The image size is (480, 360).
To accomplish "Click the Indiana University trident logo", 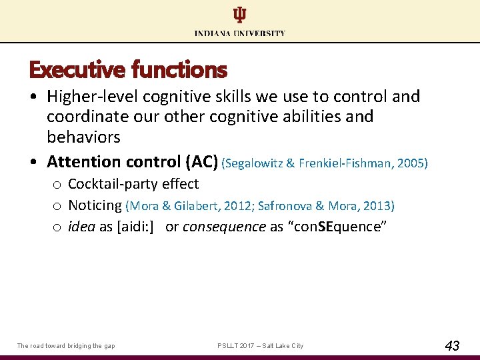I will pyautogui.click(x=239, y=15).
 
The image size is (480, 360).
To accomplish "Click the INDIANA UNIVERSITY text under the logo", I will pyautogui.click(x=239, y=33).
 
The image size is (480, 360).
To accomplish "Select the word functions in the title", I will pyautogui.click(x=179, y=69).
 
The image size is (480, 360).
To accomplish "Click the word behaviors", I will pyautogui.click(x=83, y=137).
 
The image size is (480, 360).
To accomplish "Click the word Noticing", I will pyautogui.click(x=95, y=205).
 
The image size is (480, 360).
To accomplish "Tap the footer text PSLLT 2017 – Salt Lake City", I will pyautogui.click(x=260, y=346).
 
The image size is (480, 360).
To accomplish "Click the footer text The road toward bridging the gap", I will pyautogui.click(x=66, y=346).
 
